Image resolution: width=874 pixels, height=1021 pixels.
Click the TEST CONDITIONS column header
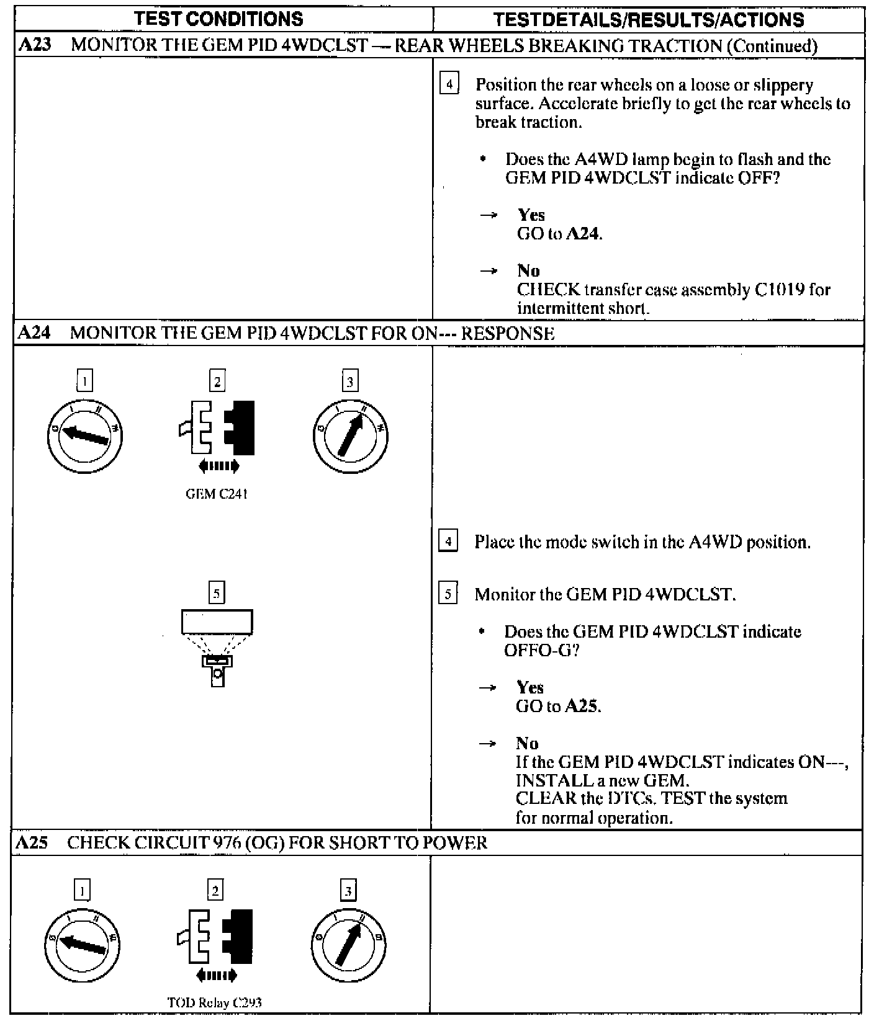(219, 19)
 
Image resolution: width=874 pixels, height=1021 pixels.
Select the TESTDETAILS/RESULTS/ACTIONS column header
(648, 19)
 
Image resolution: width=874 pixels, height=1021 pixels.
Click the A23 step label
(34, 45)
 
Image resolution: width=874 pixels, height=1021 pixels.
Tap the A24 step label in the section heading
(34, 333)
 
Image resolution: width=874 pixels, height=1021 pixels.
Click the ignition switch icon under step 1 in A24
(85, 435)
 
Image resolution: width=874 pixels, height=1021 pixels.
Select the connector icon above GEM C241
(217, 429)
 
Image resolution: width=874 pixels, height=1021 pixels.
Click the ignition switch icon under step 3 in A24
(350, 435)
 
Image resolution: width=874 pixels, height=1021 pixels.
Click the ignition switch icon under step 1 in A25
(83, 945)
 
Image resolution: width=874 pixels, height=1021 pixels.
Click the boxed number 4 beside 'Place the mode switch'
(448, 542)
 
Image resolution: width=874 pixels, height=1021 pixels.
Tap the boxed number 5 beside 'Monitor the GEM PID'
(448, 594)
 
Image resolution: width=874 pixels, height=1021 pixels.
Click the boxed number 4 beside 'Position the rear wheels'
(449, 84)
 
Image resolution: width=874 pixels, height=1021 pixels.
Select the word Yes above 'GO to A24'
(531, 215)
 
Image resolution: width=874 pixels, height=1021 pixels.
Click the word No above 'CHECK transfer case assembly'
(528, 270)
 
